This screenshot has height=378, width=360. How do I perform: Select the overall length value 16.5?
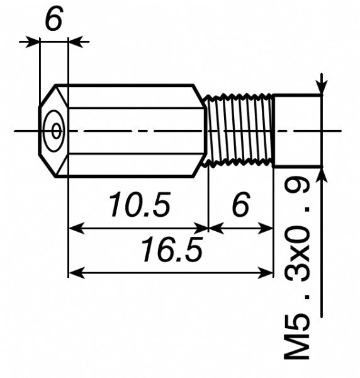point(171,251)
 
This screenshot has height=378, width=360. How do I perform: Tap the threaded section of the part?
point(240,131)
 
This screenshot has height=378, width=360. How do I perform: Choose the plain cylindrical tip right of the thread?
point(297,131)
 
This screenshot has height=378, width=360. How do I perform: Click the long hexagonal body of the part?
point(135,131)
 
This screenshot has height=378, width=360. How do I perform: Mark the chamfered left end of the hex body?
point(52,131)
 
